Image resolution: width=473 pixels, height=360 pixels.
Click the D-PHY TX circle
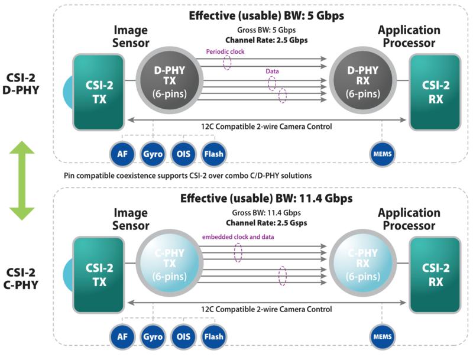click(170, 80)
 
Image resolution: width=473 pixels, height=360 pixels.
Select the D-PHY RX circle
click(363, 80)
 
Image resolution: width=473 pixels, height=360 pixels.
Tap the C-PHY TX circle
click(170, 263)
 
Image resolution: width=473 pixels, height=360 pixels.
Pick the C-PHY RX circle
click(363, 263)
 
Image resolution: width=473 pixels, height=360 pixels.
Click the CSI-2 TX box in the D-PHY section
click(99, 92)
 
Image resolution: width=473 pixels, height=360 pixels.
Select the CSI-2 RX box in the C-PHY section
click(435, 275)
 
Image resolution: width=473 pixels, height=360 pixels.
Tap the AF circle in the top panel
click(122, 154)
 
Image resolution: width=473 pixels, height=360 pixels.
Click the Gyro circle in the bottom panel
click(153, 337)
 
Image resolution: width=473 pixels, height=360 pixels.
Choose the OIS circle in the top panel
click(183, 154)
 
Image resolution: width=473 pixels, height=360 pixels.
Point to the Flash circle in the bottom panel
click(214, 337)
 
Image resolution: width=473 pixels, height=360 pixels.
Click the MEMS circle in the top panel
click(383, 154)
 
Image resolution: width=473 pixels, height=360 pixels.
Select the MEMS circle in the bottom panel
click(383, 337)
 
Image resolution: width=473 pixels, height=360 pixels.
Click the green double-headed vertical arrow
click(22, 181)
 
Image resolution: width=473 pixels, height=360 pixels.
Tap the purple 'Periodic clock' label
click(225, 51)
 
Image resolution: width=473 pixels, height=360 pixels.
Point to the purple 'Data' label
click(272, 71)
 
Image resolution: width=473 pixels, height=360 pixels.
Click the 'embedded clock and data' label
click(238, 237)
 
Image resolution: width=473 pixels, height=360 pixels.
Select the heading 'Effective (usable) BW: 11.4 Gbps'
click(267, 199)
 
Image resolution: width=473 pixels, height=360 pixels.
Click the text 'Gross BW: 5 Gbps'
click(267, 30)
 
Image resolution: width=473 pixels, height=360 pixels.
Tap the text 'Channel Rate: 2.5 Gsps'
click(267, 223)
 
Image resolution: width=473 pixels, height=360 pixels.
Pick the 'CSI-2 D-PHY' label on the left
click(21, 84)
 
